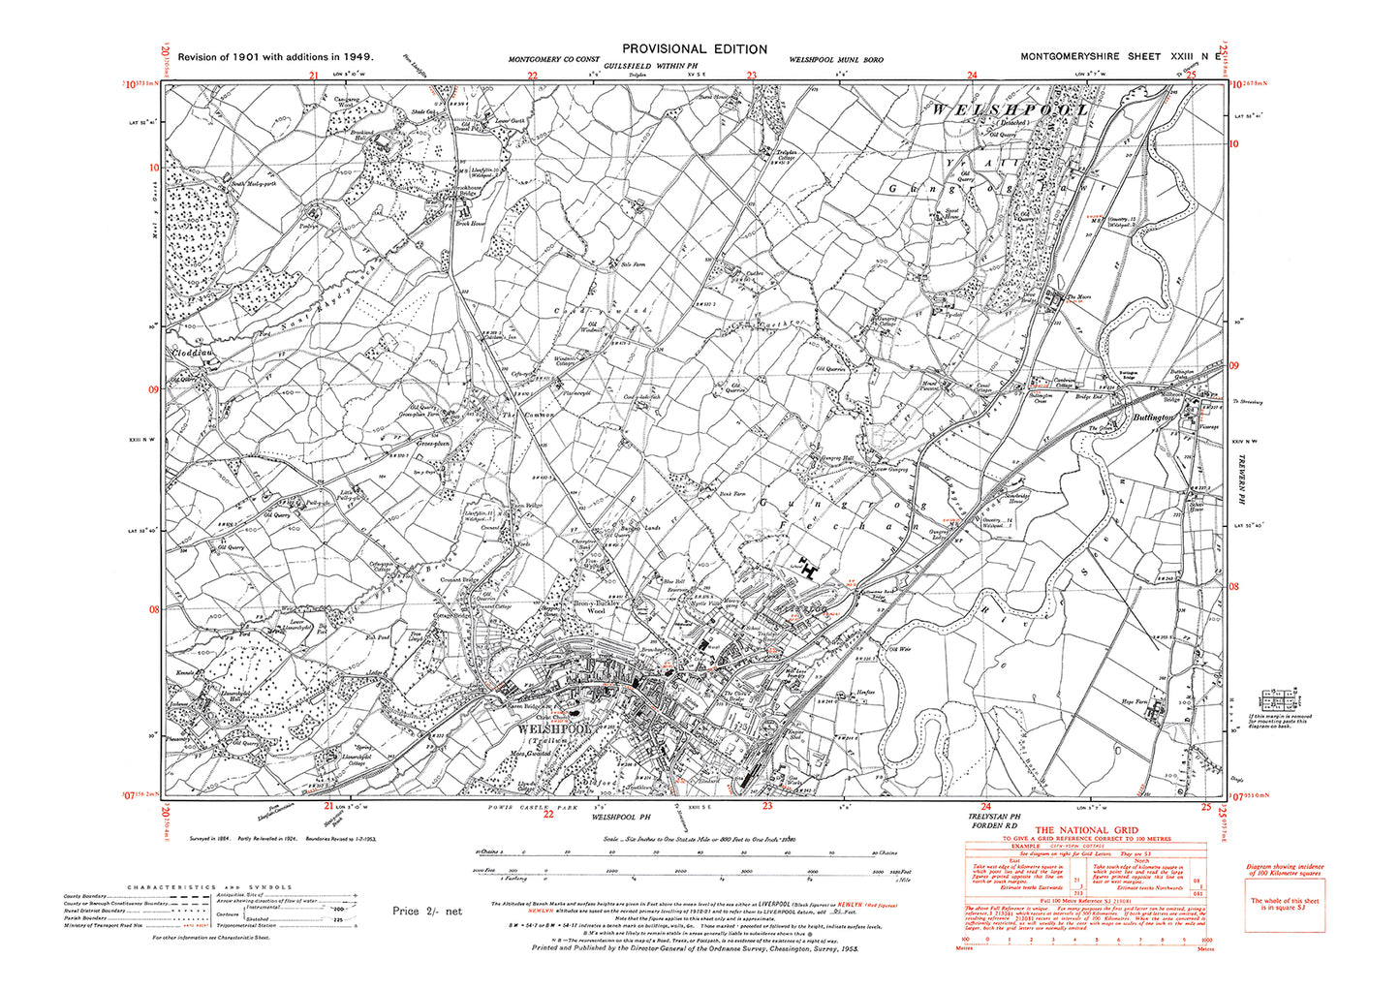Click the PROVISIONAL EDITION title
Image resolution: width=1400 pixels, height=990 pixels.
click(694, 49)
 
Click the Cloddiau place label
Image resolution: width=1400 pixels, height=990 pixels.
click(192, 354)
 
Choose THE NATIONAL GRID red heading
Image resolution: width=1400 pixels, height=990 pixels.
click(1085, 830)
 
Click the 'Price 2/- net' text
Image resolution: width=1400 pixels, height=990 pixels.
click(427, 911)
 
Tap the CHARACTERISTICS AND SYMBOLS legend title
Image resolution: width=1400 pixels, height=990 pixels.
click(210, 886)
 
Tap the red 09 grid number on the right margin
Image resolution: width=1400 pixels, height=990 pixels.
click(1233, 366)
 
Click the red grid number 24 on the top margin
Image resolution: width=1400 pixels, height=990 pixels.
click(972, 76)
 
